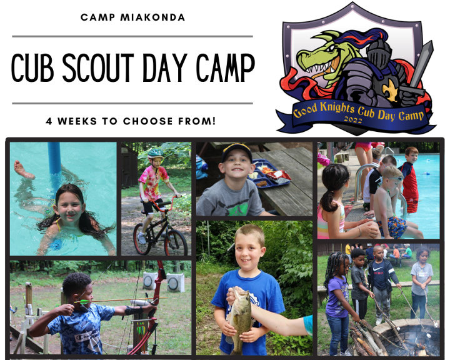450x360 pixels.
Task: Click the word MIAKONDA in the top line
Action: pos(152,17)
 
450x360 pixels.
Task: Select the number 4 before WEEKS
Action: pos(49,121)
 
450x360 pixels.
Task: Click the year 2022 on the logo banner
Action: pos(353,119)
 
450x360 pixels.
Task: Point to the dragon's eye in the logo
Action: pos(331,49)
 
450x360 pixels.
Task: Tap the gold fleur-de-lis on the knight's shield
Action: pos(390,89)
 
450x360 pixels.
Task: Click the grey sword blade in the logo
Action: pos(421,62)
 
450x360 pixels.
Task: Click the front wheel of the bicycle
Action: pos(176,243)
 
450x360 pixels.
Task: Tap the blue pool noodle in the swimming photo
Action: pos(54,158)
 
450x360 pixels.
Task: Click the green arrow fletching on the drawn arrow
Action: pos(83,301)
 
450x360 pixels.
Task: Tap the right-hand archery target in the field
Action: pos(175,282)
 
